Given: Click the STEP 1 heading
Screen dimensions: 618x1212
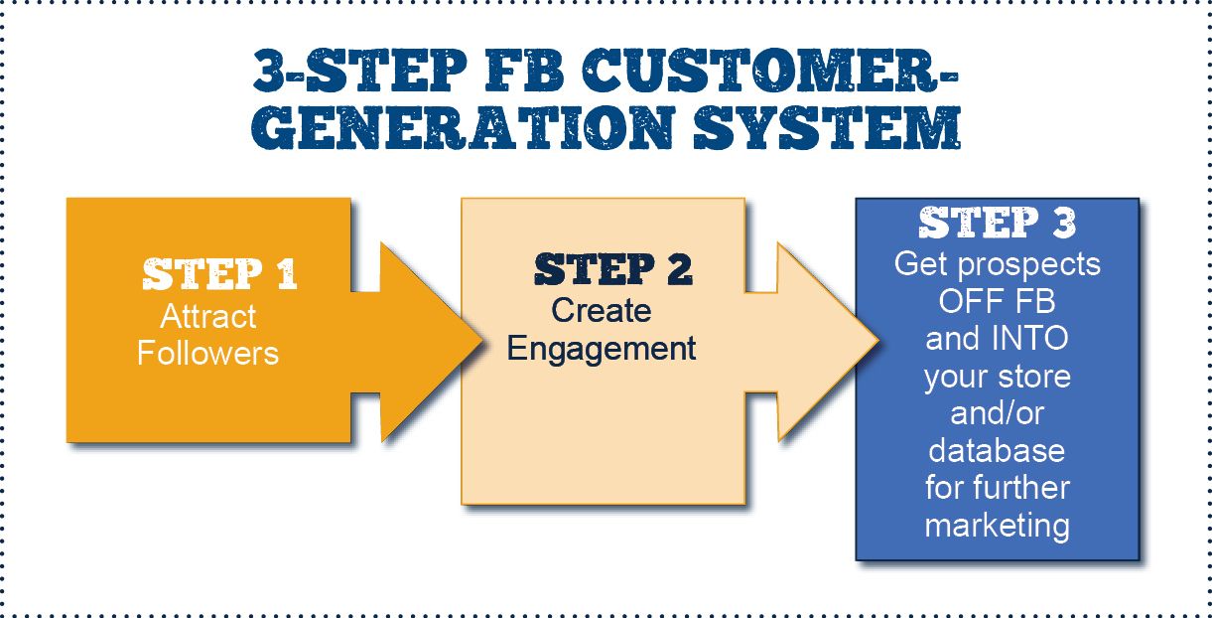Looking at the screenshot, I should coord(219,275).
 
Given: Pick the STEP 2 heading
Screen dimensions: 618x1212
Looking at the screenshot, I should coord(612,269).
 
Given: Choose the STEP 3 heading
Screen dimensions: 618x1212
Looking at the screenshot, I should coord(997,224).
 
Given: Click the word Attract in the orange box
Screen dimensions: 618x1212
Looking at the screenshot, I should coord(208,317).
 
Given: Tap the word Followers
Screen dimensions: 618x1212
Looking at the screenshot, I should coord(208,353).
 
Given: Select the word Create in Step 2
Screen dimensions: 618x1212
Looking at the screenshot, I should coord(602,311).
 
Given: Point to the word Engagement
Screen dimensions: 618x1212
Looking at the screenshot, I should coord(602,349).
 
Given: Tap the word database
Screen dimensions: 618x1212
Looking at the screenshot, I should coord(997,451).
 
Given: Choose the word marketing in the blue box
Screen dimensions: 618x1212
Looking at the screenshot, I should coord(997,525).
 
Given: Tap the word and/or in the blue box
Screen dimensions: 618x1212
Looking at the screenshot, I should coord(997,413).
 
